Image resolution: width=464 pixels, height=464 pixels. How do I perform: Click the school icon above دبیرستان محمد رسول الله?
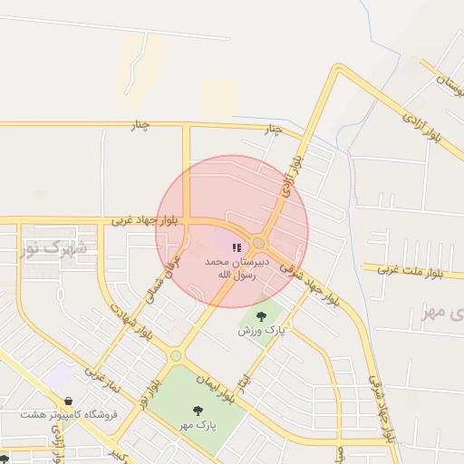click(x=237, y=247)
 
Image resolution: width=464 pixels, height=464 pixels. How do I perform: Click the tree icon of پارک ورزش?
click(x=261, y=316)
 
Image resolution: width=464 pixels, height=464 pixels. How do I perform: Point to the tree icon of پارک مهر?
click(x=198, y=411)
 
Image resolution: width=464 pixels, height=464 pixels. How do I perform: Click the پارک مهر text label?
click(x=198, y=425)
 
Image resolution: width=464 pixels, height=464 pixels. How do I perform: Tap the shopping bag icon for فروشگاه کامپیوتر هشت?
click(x=69, y=400)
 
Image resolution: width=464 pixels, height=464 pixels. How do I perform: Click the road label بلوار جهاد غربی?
click(x=145, y=219)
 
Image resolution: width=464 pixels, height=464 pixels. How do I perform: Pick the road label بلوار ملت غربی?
click(x=411, y=270)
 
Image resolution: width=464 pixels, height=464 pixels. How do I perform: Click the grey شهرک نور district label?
click(x=54, y=246)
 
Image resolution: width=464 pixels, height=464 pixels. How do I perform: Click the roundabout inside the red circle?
click(x=259, y=243)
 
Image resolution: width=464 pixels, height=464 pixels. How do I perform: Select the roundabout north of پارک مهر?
click(x=176, y=356)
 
